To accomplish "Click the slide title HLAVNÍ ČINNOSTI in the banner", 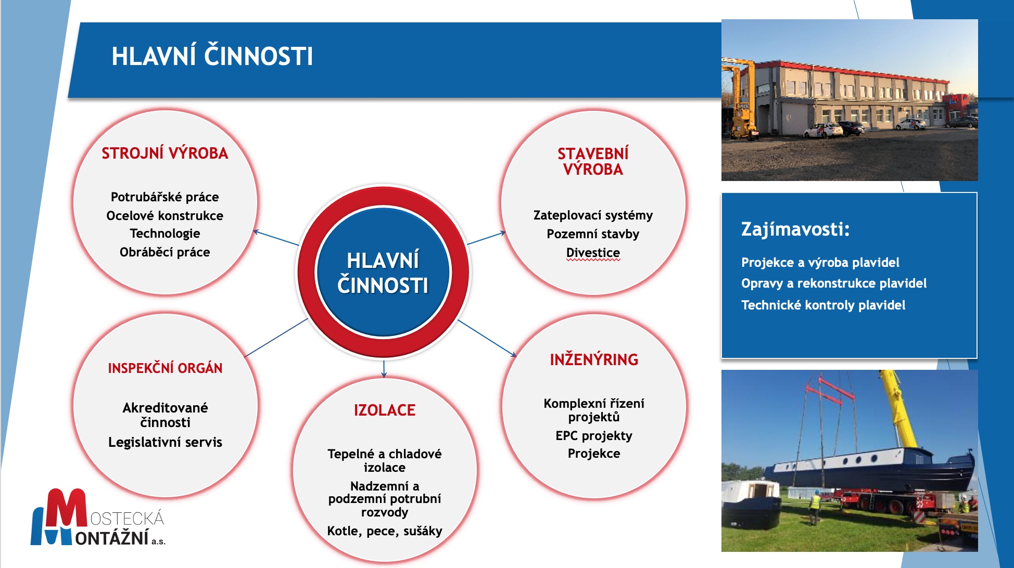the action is pyautogui.click(x=212, y=56).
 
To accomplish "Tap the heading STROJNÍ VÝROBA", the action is pyautogui.click(x=165, y=153).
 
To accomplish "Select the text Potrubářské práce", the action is pyautogui.click(x=165, y=197).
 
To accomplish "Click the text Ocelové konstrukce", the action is pyautogui.click(x=165, y=215).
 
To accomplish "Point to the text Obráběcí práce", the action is pyautogui.click(x=165, y=252).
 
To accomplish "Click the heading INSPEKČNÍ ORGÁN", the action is pyautogui.click(x=165, y=368).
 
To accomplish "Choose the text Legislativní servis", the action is pyautogui.click(x=165, y=442).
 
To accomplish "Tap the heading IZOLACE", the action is pyautogui.click(x=385, y=410).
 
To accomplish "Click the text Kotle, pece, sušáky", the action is pyautogui.click(x=385, y=531).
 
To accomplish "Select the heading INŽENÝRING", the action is pyautogui.click(x=594, y=359).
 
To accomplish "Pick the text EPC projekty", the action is pyautogui.click(x=594, y=436).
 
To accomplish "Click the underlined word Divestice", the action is pyautogui.click(x=593, y=253).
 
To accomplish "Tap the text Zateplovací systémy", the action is pyautogui.click(x=593, y=215).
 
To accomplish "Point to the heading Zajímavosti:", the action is pyautogui.click(x=795, y=229).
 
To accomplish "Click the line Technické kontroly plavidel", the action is pyautogui.click(x=823, y=305).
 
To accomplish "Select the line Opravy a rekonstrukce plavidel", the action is pyautogui.click(x=834, y=283).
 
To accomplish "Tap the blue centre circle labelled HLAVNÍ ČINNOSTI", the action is pyautogui.click(x=384, y=272).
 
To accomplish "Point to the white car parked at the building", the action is pyautogui.click(x=823, y=130).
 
